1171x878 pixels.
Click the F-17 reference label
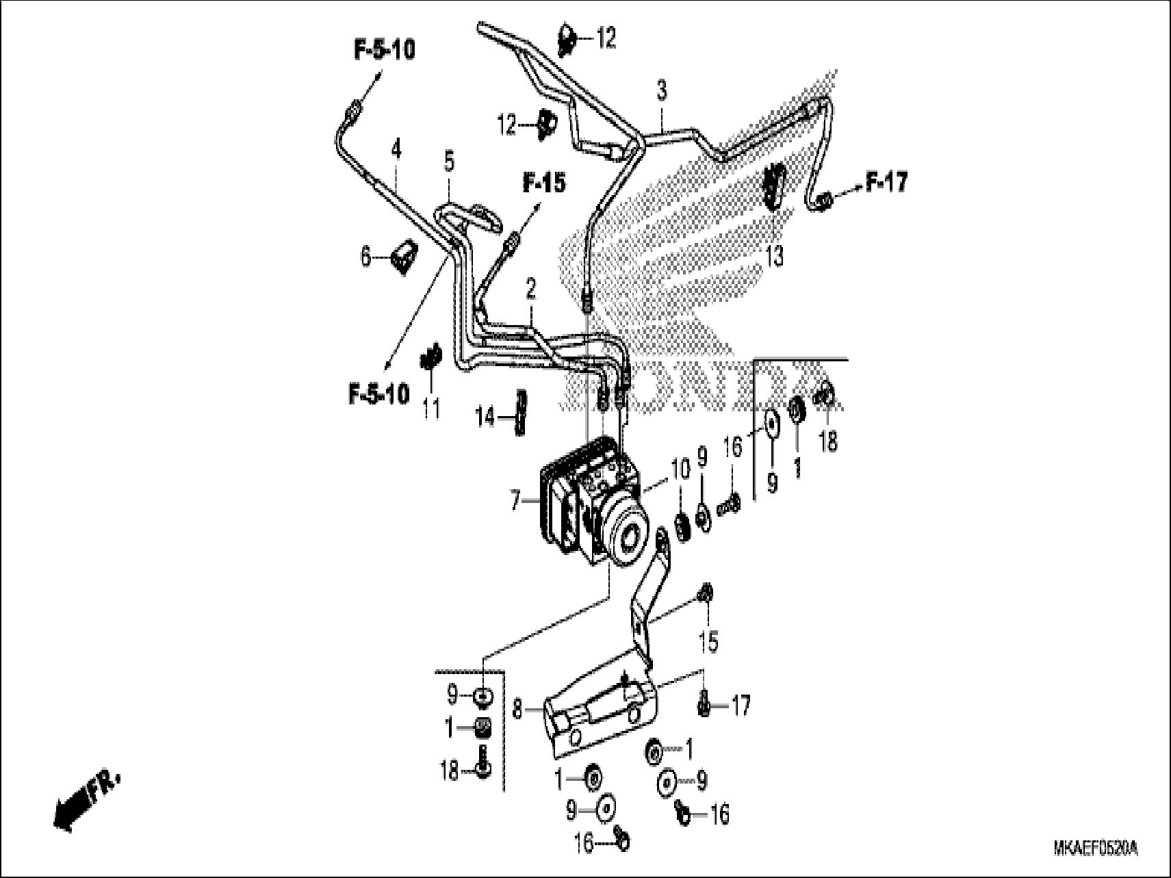tap(886, 182)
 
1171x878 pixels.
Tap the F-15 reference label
tap(544, 183)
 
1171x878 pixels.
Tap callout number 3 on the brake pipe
tap(661, 90)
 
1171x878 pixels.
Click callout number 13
tap(774, 257)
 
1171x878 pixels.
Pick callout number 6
tap(366, 257)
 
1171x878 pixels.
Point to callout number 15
tap(708, 641)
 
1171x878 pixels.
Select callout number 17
tap(741, 705)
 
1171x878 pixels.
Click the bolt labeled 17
tap(704, 706)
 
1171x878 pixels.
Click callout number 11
tap(430, 409)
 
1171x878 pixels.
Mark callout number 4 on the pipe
tap(396, 149)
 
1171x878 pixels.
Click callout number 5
tap(448, 162)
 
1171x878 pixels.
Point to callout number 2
tap(530, 289)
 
